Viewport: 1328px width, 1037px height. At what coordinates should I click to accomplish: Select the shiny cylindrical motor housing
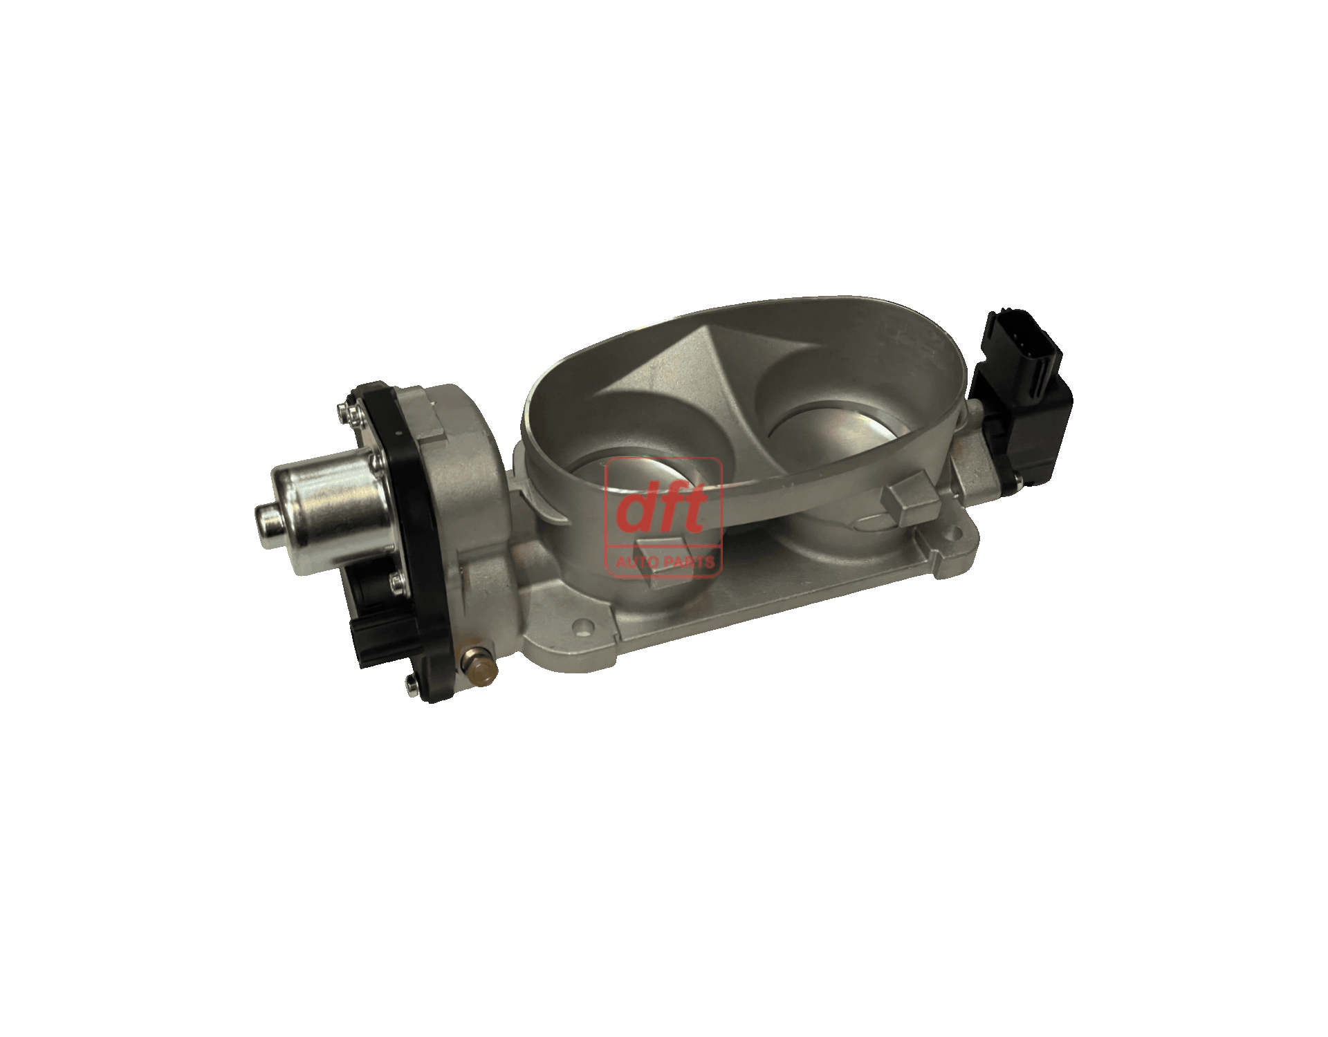[x=325, y=499]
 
